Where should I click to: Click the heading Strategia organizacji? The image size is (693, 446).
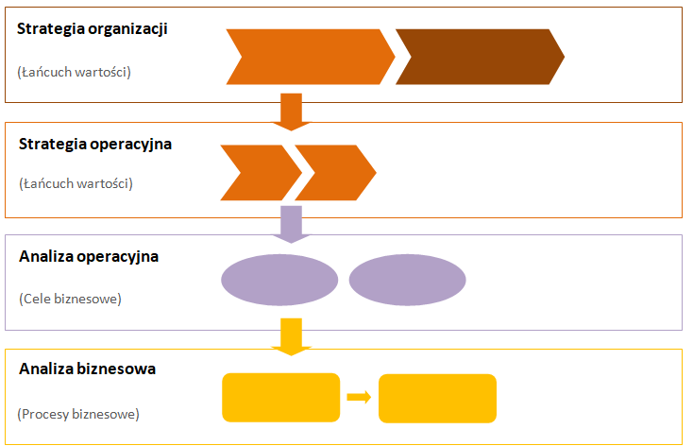(x=93, y=28)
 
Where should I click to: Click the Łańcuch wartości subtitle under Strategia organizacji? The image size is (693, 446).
(x=75, y=71)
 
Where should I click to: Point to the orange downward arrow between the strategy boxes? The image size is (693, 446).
(x=291, y=111)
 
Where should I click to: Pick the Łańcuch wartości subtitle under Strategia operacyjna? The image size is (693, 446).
(x=76, y=183)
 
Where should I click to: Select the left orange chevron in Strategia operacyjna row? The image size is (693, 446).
(x=258, y=173)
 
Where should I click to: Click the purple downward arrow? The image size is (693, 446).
(x=291, y=223)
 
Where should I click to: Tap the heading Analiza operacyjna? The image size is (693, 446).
(x=89, y=256)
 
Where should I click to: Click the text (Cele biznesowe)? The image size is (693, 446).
(x=70, y=299)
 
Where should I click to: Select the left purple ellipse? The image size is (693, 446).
(x=279, y=280)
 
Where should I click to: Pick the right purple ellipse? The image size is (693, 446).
(x=408, y=280)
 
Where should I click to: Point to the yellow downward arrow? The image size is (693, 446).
(x=291, y=336)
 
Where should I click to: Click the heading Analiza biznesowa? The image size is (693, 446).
(x=87, y=369)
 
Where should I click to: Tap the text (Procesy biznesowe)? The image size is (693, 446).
(x=78, y=413)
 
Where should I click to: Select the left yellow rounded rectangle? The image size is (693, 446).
(x=280, y=398)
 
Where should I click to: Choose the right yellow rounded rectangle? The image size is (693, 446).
(x=437, y=398)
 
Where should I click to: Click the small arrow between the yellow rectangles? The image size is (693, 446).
(x=359, y=397)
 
